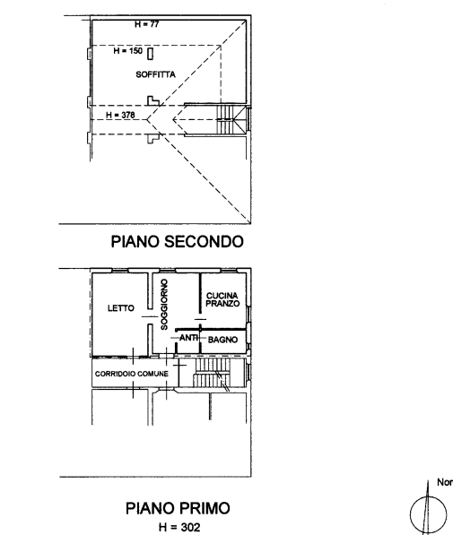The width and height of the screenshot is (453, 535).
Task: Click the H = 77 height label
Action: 146,24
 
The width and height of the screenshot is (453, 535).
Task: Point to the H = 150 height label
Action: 127,51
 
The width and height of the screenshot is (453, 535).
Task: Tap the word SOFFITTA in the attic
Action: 155,74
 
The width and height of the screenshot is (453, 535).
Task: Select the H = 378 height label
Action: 120,115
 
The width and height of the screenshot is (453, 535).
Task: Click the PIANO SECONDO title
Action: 178,242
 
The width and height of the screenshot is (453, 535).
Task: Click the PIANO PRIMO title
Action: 178,508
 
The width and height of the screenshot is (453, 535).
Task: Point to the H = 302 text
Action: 179,527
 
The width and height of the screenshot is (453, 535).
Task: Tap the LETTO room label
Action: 120,308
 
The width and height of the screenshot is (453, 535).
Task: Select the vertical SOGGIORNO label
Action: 164,305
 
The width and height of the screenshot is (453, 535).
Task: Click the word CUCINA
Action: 222,296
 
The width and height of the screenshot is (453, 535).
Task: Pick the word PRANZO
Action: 222,303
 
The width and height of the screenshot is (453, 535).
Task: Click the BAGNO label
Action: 222,340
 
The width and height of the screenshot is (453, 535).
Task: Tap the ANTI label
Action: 189,338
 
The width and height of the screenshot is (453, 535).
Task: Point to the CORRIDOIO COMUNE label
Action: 132,374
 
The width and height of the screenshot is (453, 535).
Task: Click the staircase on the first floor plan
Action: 212,372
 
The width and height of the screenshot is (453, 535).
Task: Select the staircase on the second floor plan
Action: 231,119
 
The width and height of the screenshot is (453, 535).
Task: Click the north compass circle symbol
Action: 428,514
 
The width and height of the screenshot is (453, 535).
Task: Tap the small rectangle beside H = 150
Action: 151,54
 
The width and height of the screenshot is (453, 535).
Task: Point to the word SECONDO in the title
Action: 204,242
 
